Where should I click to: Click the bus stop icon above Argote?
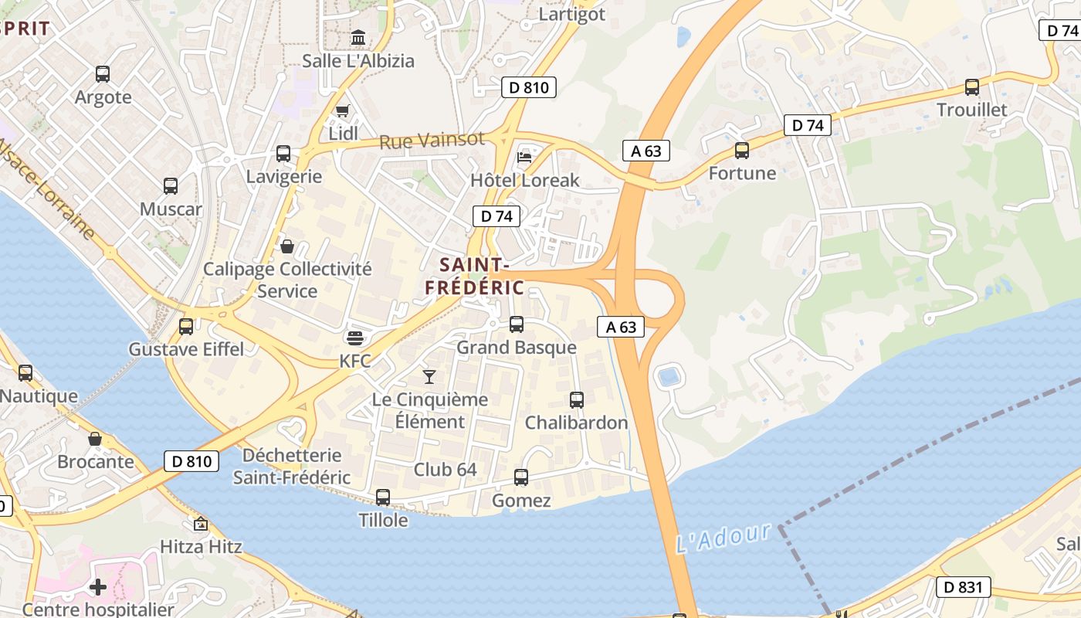pos(103,74)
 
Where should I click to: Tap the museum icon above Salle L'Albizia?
pos(358,38)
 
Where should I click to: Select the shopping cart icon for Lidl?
pos(343,110)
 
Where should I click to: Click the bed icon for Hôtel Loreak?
pos(524,158)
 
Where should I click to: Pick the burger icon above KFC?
pos(355,338)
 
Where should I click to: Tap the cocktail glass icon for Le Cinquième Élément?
pos(429,376)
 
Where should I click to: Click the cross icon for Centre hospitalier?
pos(98,587)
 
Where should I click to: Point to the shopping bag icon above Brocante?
pos(95,439)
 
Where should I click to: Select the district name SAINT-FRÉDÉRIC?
pos(474,276)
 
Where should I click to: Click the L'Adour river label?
pos(723,538)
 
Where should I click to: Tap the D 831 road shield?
pos(963,587)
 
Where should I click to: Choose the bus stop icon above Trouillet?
pos(971,87)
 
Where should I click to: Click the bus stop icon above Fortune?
pos(742,151)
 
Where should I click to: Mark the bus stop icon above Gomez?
pos(521,477)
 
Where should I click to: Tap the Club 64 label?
pos(445,470)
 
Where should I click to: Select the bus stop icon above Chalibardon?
pos(576,400)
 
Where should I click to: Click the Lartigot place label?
pos(571,14)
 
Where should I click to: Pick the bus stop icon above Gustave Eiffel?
pos(186,326)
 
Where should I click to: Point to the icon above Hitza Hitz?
pos(201,524)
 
